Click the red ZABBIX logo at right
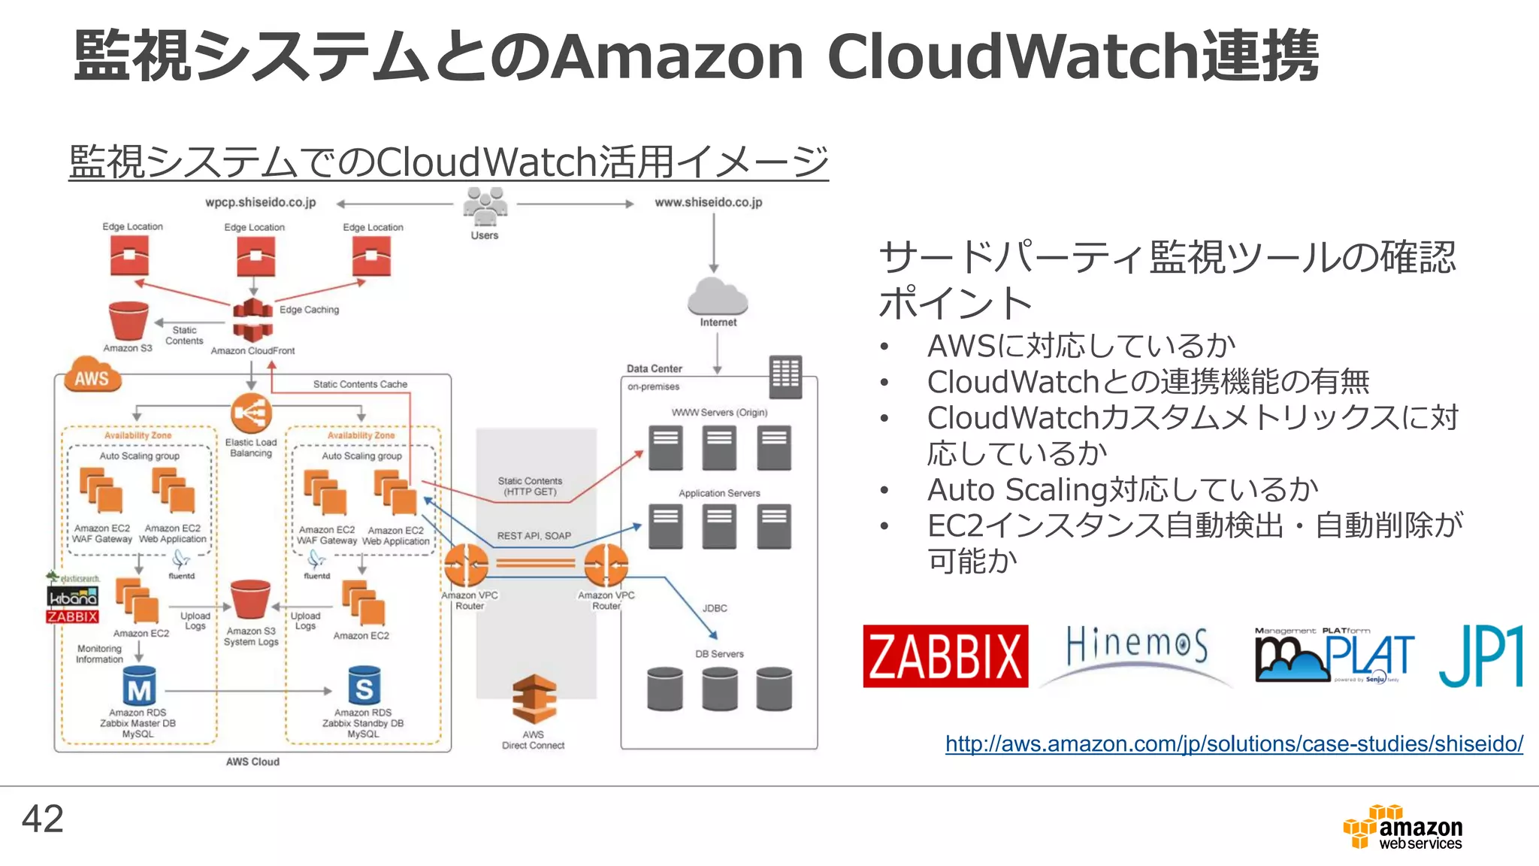tap(945, 656)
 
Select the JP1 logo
tap(1480, 656)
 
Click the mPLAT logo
tap(1334, 656)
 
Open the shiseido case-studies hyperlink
tap(1234, 743)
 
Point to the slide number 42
tap(43, 819)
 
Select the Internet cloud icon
tap(717, 296)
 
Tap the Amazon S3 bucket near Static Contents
tap(128, 321)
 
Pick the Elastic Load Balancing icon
tap(251, 413)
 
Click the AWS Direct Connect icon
tap(534, 699)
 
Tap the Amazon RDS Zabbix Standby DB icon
tap(364, 686)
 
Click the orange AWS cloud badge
tap(92, 377)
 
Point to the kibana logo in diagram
tap(72, 598)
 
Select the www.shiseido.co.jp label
tap(708, 202)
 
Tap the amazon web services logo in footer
tap(1403, 828)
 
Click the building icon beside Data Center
tap(785, 377)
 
